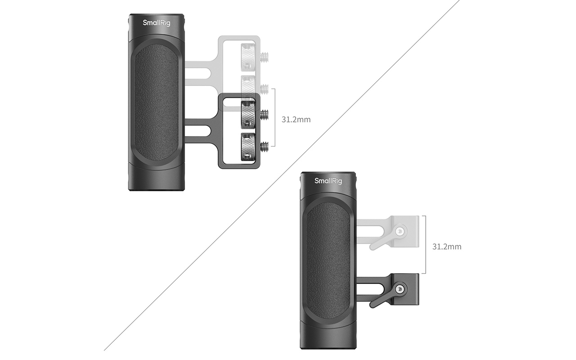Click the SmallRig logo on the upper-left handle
[156, 23]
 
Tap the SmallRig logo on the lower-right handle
[328, 181]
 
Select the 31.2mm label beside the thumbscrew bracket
[296, 120]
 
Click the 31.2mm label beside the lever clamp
[447, 247]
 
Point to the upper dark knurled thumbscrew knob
[248, 115]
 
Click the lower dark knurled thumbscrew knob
[248, 147]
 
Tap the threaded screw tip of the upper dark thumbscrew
[264, 115]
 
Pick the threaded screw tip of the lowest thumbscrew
[264, 147]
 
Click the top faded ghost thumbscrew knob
[248, 57]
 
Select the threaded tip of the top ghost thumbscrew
[264, 57]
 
